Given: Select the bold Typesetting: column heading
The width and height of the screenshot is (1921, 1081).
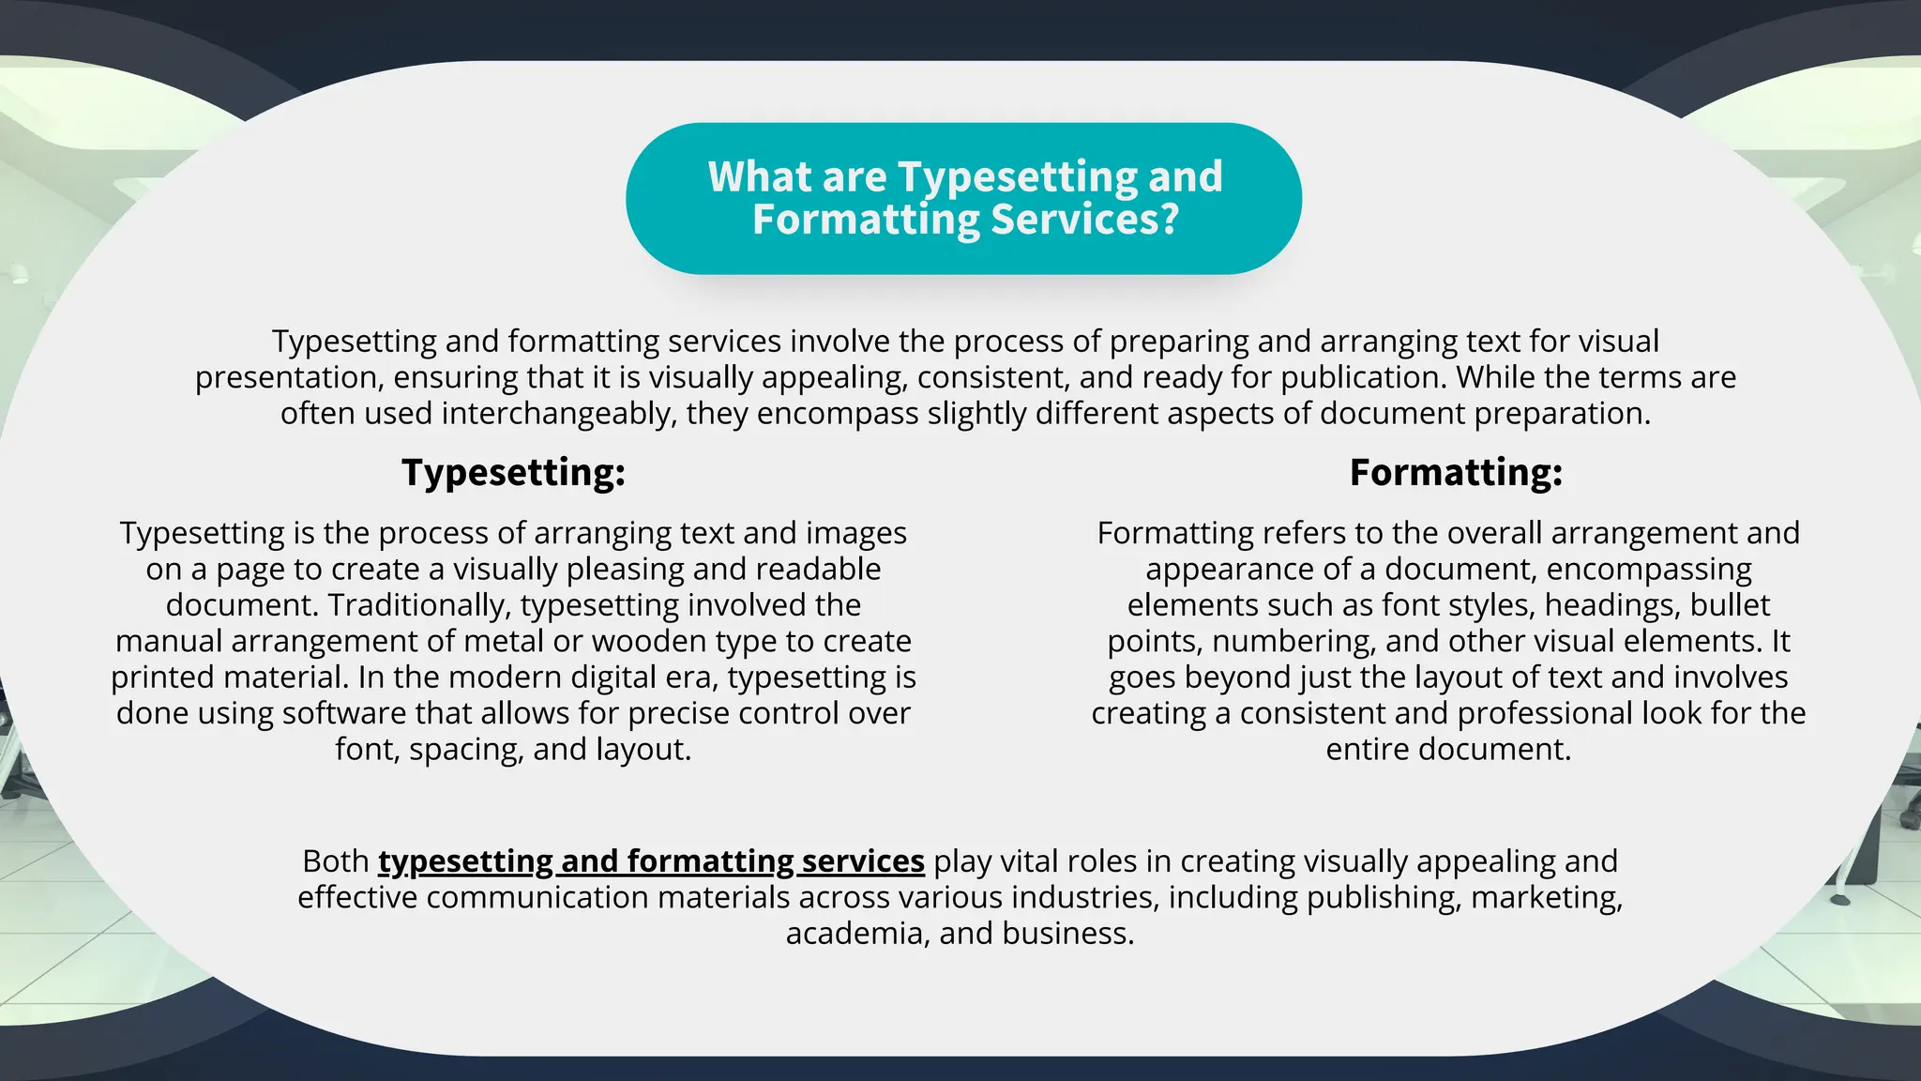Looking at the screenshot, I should pyautogui.click(x=513, y=472).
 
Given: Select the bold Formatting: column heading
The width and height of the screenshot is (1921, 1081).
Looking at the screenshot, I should pyautogui.click(x=1456, y=472).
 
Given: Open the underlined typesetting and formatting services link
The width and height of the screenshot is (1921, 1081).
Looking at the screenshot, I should pyautogui.click(x=651, y=861).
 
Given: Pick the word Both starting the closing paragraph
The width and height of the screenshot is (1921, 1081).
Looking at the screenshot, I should pyautogui.click(x=335, y=861).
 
